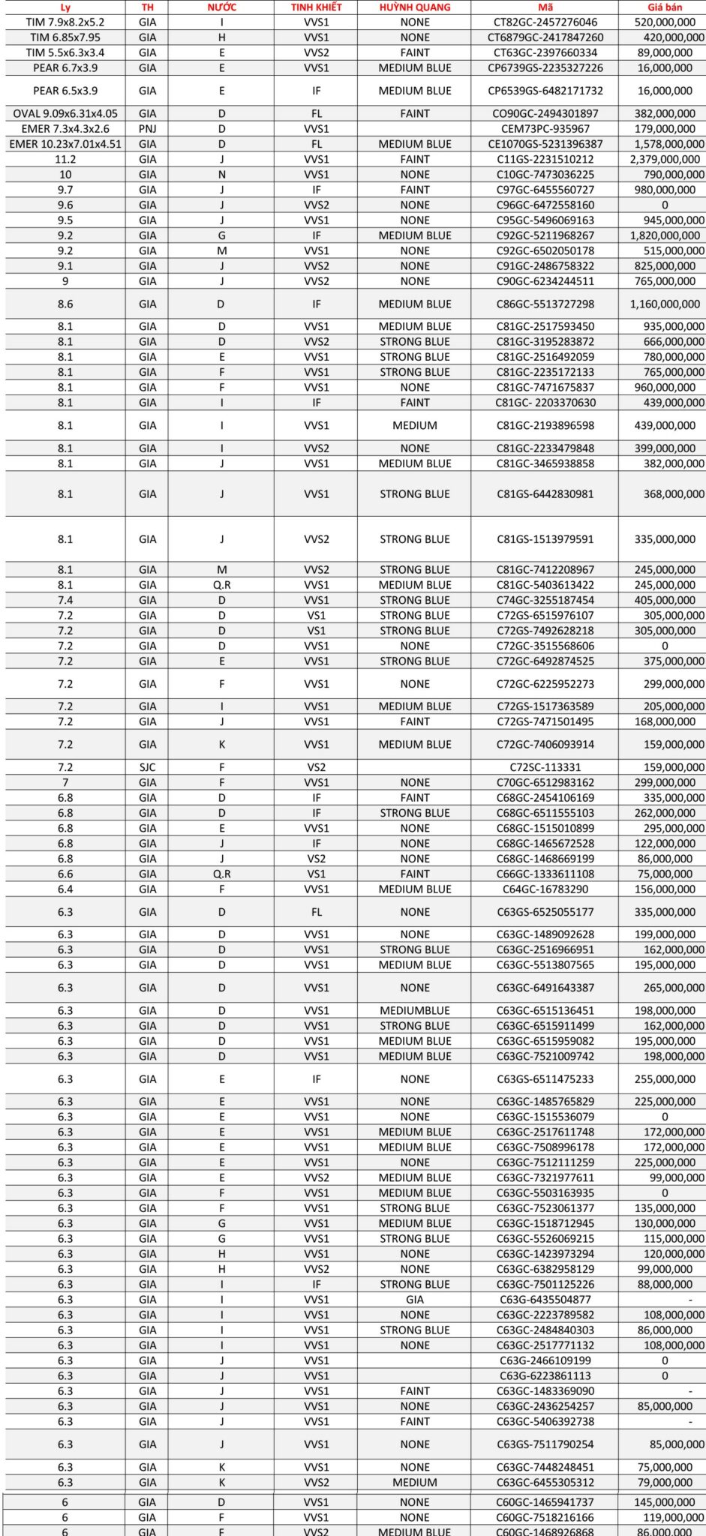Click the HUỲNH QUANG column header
[x=415, y=7]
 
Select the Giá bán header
[x=664, y=7]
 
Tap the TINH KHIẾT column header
[x=316, y=7]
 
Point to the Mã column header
[x=545, y=7]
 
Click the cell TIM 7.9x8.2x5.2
[x=65, y=22]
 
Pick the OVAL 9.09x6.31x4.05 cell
[x=65, y=114]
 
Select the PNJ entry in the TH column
[x=148, y=129]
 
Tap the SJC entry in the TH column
[x=148, y=767]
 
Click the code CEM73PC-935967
[x=545, y=129]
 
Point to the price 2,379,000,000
[x=665, y=160]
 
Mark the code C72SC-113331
[x=545, y=767]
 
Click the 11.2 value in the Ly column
[x=65, y=160]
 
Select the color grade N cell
[x=221, y=175]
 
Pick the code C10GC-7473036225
[x=545, y=175]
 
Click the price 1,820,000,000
[x=665, y=235]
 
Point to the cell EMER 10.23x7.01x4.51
[x=65, y=144]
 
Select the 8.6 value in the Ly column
[x=65, y=304]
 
